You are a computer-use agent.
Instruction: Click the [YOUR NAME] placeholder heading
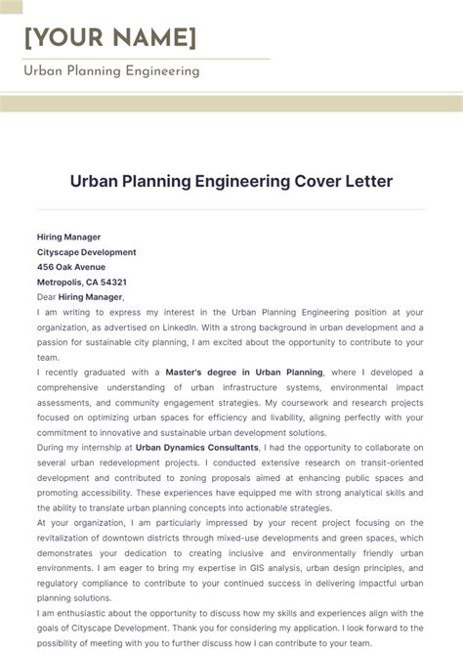point(109,37)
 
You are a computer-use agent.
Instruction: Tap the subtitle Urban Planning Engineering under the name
point(111,70)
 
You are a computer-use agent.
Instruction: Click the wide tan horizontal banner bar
point(231,104)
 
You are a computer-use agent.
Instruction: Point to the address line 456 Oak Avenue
point(71,267)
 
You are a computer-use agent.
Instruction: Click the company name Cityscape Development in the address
point(86,252)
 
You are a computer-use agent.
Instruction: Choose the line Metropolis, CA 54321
point(82,282)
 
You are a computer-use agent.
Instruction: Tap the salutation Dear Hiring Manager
point(81,296)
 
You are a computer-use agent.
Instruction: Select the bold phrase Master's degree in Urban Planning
point(242,372)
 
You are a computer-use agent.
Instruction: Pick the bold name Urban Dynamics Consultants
point(197,447)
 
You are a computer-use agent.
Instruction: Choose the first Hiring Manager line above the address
point(68,237)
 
